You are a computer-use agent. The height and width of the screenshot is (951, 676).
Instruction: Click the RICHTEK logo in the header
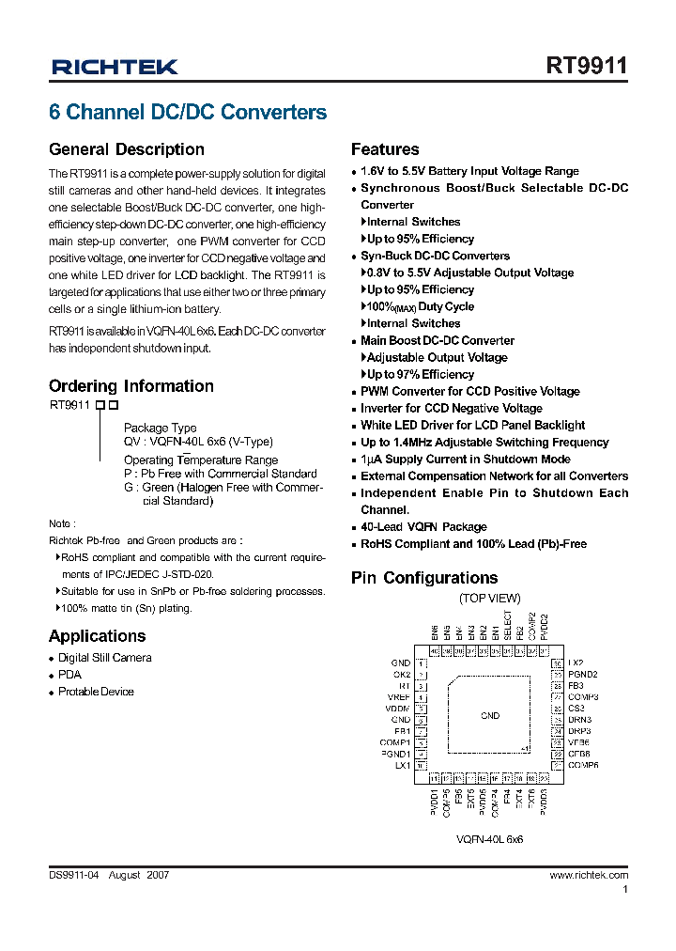click(x=115, y=67)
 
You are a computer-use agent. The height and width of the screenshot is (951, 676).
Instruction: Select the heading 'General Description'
click(x=126, y=149)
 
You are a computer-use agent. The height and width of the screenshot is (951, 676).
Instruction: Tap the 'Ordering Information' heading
click(x=131, y=386)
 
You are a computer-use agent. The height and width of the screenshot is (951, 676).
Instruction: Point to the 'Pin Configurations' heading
click(x=423, y=578)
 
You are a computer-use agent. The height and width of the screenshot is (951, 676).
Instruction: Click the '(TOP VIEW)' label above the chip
click(x=489, y=599)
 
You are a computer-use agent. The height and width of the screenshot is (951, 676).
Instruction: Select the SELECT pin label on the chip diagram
click(x=508, y=626)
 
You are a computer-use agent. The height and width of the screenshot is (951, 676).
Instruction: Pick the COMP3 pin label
click(x=583, y=697)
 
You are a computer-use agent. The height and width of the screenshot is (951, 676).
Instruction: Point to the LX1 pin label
click(x=403, y=766)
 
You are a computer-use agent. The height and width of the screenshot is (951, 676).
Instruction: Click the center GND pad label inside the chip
click(x=490, y=715)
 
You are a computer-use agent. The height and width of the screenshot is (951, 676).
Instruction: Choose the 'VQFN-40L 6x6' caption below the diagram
click(x=489, y=839)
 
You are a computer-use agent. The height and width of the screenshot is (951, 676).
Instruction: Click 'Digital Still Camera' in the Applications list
click(x=104, y=658)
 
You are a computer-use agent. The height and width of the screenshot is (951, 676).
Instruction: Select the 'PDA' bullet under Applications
click(x=69, y=675)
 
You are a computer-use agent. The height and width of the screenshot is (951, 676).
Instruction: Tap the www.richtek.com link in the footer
click(x=589, y=875)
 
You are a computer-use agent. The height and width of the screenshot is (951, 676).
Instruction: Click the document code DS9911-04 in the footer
click(x=73, y=875)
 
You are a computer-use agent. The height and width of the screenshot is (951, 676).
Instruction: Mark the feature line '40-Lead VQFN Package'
click(x=423, y=527)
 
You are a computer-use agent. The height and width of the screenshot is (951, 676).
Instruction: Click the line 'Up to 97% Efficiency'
click(x=420, y=375)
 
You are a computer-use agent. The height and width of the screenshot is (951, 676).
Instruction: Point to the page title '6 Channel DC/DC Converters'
click(x=188, y=113)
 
